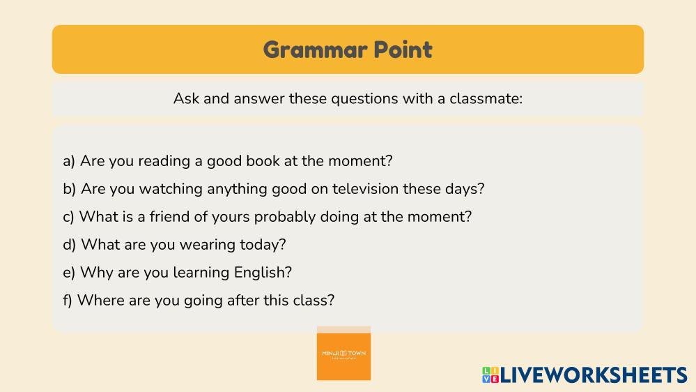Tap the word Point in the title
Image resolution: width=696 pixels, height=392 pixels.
[x=403, y=50]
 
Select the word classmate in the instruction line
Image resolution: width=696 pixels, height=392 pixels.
[x=486, y=98]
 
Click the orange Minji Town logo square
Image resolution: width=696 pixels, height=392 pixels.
[x=343, y=354]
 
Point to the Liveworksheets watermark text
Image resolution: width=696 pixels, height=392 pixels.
[x=594, y=375]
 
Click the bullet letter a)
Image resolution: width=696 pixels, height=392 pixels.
[x=69, y=161]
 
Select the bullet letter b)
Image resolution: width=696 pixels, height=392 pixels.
[x=69, y=189]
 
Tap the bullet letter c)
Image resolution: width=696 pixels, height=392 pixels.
[x=68, y=217]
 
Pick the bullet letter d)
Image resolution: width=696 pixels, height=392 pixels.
[x=69, y=244]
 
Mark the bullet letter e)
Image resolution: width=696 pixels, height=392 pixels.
[x=69, y=273]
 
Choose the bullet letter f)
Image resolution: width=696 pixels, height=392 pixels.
[x=68, y=301]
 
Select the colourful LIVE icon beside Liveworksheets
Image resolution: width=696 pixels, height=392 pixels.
[x=490, y=375]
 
